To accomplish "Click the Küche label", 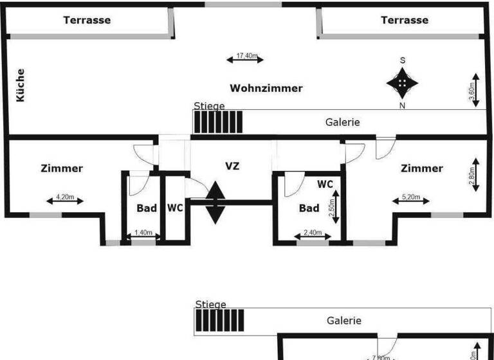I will pos(21,85).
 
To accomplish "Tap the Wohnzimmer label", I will pos(266,88).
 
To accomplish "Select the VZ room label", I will pos(232,166).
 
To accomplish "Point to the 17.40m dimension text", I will pos(246,56).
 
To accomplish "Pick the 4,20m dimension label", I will pos(65,197).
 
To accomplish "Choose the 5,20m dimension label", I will pos(412,197).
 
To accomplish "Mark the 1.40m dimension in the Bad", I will pos(143,233).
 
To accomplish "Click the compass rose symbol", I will pos(403,82).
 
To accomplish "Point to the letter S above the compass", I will pos(403,60).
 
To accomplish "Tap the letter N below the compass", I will pos(403,105).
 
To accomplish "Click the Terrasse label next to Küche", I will pos(87,20).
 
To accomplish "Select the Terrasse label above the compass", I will pos(405,20).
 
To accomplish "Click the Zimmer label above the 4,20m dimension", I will pos(62,168).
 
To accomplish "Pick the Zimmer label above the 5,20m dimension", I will pos(422,168).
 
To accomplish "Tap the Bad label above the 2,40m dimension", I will pos(309,208).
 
